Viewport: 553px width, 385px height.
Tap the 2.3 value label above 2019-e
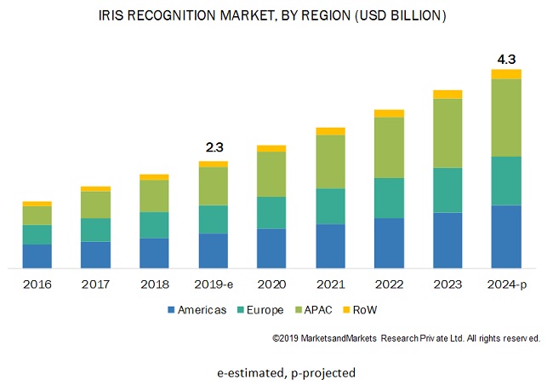click(x=213, y=147)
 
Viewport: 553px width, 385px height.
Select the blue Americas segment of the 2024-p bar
click(x=506, y=236)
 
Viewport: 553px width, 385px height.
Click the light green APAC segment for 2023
click(x=448, y=133)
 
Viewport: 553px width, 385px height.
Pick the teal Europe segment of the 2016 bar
click(x=37, y=234)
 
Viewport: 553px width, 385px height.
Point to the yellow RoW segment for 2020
click(x=271, y=148)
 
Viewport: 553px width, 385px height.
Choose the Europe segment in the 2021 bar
click(x=330, y=206)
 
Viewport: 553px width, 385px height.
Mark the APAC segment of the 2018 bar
click(x=154, y=196)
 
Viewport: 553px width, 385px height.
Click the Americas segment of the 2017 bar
click(x=95, y=254)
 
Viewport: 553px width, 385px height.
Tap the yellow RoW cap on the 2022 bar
click(x=389, y=113)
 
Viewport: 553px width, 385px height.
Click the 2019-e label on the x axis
click(x=213, y=284)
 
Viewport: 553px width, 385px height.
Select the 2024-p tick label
click(x=506, y=284)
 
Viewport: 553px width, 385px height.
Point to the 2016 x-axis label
click(x=37, y=284)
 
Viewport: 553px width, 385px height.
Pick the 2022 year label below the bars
click(x=389, y=284)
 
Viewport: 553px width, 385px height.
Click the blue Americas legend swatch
click(x=171, y=310)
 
